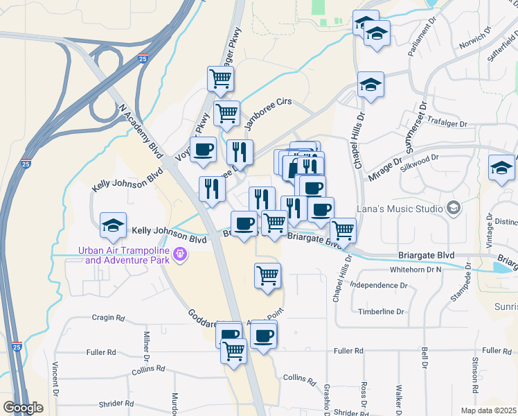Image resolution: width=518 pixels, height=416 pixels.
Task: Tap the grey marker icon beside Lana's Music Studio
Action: click(x=453, y=208)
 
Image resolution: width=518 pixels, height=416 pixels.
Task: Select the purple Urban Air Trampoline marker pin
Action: click(x=179, y=254)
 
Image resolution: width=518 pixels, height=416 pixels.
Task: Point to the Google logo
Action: click(x=23, y=408)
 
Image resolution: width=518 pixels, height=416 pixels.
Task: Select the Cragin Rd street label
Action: click(x=108, y=318)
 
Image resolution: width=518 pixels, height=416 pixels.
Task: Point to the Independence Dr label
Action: click(x=379, y=286)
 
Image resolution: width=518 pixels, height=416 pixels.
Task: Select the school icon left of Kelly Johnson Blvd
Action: click(x=113, y=225)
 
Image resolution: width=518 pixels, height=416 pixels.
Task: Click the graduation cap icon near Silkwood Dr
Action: click(x=501, y=167)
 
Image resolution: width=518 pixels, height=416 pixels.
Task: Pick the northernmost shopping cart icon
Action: click(x=220, y=78)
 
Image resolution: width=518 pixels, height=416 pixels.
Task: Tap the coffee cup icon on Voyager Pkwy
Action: click(x=204, y=149)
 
